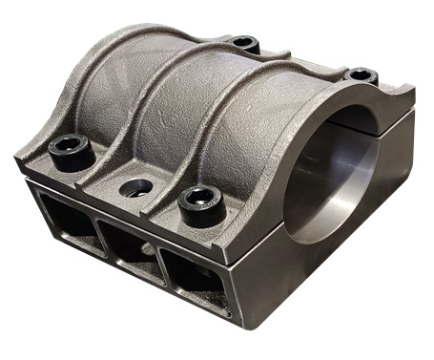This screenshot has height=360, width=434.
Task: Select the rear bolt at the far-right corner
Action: click(x=361, y=74)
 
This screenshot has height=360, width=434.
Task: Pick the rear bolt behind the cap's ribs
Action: click(x=244, y=43)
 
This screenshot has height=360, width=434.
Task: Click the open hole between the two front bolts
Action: click(x=135, y=185)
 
